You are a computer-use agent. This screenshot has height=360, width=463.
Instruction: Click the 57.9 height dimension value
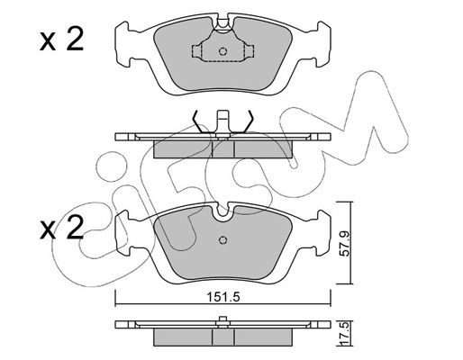(x=345, y=243)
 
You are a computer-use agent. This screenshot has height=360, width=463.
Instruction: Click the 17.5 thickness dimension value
(x=345, y=334)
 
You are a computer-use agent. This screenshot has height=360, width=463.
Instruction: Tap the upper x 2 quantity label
(x=62, y=39)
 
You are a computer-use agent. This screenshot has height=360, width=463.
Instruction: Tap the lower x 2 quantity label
(x=62, y=228)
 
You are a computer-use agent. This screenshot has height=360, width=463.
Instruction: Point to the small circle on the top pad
(x=222, y=51)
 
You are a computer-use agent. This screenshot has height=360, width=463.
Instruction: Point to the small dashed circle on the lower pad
(x=222, y=240)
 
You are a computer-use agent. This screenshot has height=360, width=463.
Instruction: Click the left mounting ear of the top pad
(x=123, y=44)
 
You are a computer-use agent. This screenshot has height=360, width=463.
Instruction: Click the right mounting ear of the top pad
(x=322, y=44)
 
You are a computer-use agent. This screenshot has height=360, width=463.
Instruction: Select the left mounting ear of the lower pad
(x=123, y=233)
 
